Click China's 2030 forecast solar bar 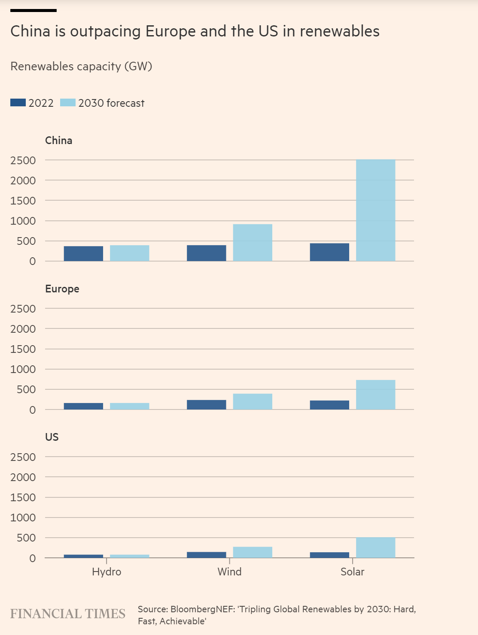[x=375, y=210]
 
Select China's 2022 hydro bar [x=83, y=253]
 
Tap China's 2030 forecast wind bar [x=253, y=243]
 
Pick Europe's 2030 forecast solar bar [x=375, y=395]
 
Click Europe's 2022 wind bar [x=206, y=405]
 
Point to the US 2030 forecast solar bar [x=375, y=548]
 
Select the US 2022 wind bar [x=206, y=555]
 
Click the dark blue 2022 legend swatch [x=18, y=103]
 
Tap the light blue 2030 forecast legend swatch [x=67, y=103]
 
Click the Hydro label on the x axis [x=107, y=572]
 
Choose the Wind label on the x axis [x=229, y=572]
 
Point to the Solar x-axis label [x=352, y=572]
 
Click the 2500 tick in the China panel [x=23, y=160]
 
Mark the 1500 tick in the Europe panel [x=23, y=349]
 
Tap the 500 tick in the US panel [x=26, y=538]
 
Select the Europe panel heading [x=62, y=289]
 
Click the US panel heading [x=52, y=437]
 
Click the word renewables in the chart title [x=339, y=31]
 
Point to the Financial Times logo [x=67, y=614]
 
